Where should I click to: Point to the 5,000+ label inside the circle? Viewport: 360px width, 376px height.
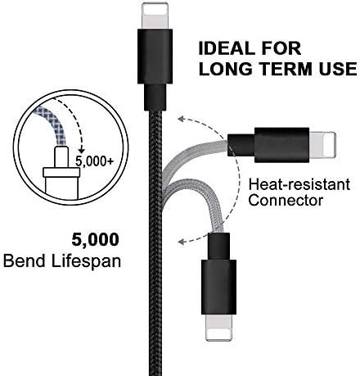(94, 161)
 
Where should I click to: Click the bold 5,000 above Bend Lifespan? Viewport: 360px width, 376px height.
(95, 239)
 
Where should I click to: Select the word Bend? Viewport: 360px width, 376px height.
(25, 260)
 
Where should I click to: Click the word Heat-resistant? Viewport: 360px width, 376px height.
(299, 184)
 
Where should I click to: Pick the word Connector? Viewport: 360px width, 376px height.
(286, 200)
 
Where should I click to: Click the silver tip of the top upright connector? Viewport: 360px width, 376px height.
(155, 16)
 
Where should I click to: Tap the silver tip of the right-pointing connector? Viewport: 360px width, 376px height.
(322, 145)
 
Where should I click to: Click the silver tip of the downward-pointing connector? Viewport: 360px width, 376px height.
(218, 328)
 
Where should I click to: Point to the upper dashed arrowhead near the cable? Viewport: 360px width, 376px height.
(182, 119)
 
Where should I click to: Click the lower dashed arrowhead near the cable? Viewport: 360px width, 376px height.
(182, 242)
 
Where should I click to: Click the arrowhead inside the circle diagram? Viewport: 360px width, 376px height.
(81, 150)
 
